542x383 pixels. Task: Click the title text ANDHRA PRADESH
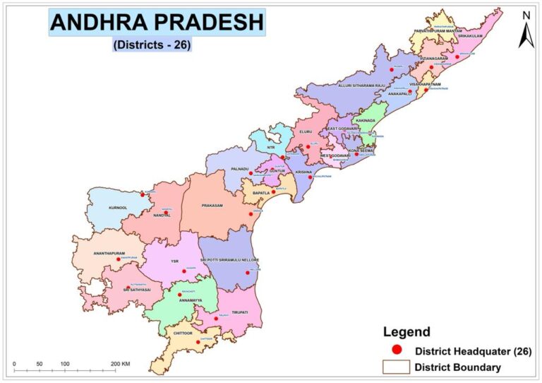[157, 23]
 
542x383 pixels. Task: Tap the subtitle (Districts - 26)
[152, 45]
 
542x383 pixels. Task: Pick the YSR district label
[174, 261]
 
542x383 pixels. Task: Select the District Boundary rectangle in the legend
[395, 367]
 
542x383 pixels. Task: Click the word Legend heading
[406, 331]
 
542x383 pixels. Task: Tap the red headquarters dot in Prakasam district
[249, 213]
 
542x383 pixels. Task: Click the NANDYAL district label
[162, 216]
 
